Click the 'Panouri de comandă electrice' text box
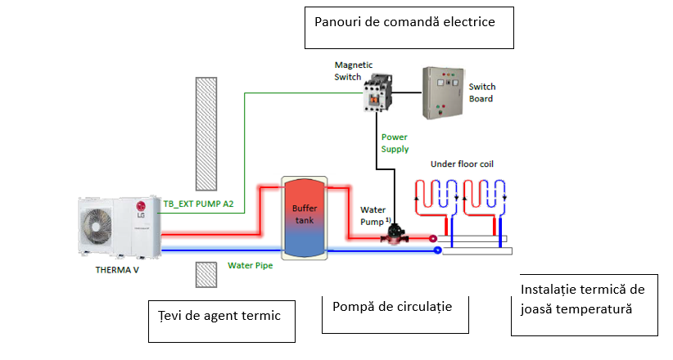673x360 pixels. point(409,27)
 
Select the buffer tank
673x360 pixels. point(304,214)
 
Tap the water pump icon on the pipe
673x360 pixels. point(397,234)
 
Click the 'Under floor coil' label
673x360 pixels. point(462,164)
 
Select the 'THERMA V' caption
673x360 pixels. point(113,268)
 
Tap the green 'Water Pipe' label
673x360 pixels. point(251,264)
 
